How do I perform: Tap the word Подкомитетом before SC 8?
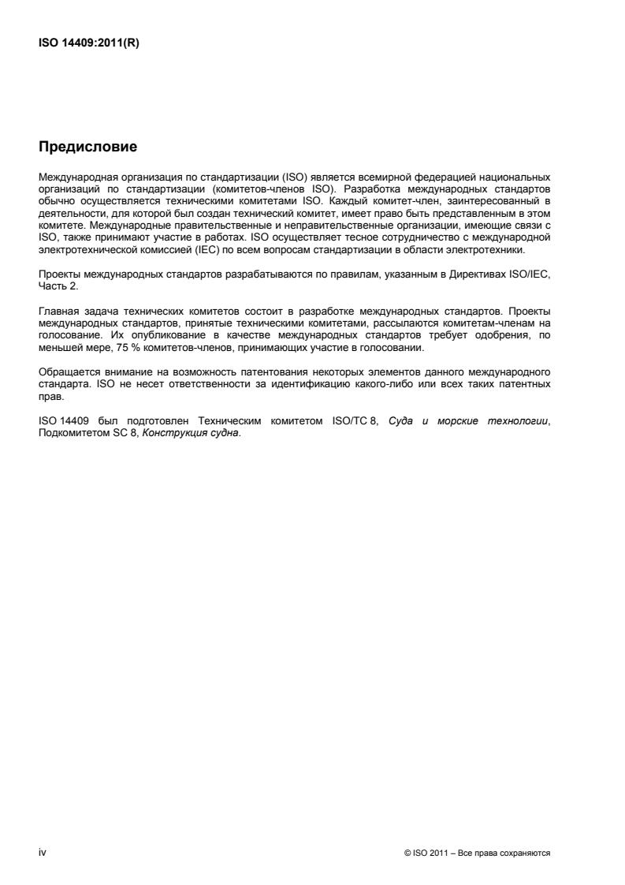(x=69, y=431)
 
